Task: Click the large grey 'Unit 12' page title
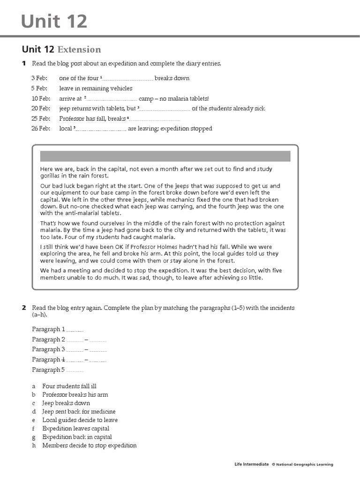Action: point(54,21)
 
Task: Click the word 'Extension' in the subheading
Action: point(79,50)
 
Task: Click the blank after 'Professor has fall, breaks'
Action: point(155,119)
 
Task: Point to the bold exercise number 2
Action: point(23,308)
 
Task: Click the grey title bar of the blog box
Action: point(165,156)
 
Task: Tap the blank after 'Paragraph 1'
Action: point(75,330)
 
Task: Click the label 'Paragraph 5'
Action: point(48,370)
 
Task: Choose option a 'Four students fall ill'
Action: point(69,386)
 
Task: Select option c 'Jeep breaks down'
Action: point(66,403)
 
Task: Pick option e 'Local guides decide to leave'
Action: point(80,420)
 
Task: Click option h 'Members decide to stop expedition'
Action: point(89,445)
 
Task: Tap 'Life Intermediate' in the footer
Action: point(252,464)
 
